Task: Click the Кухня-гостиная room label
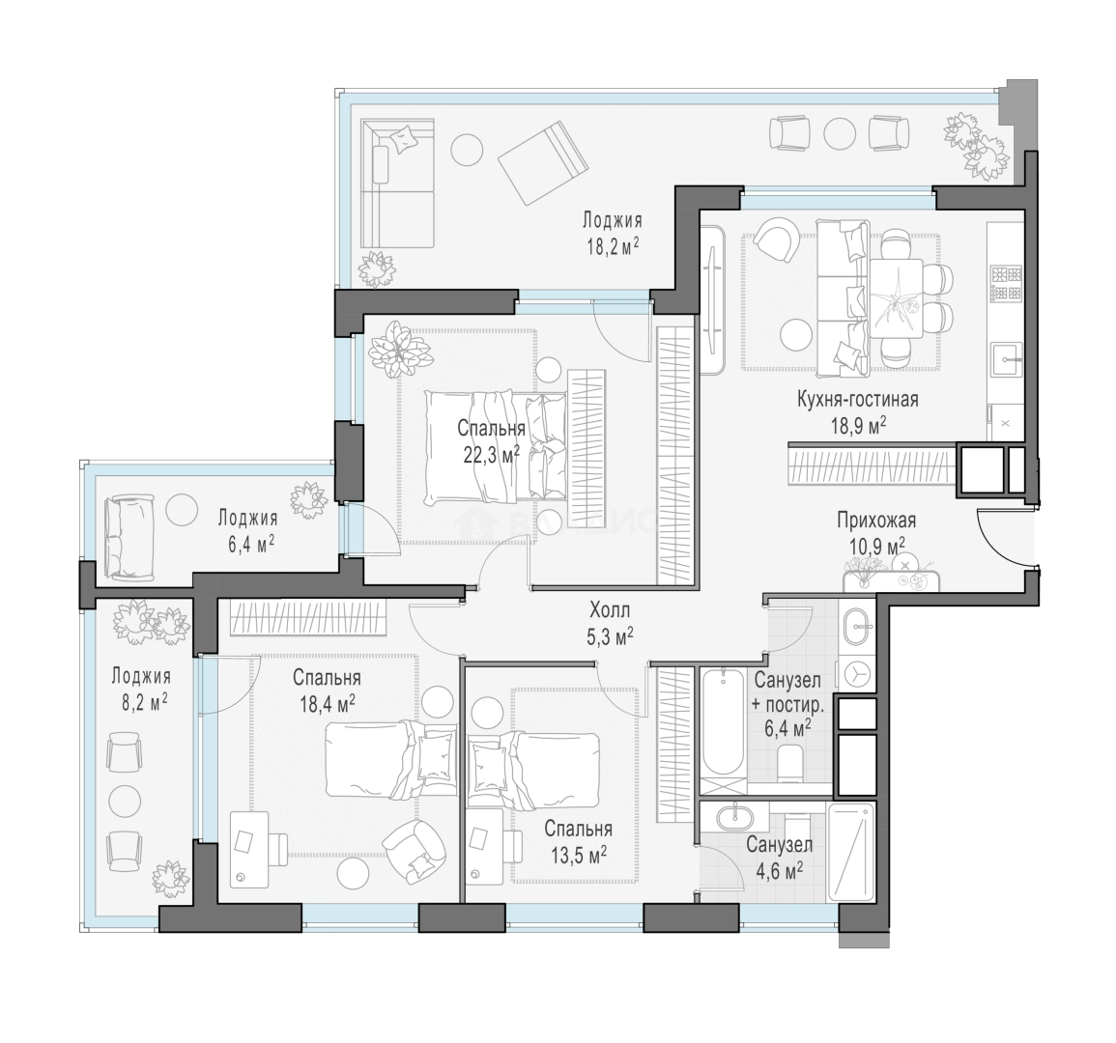pyautogui.click(x=857, y=400)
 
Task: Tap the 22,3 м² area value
pyautogui.click(x=491, y=455)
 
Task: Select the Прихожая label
pyautogui.click(x=876, y=521)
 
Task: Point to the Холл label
pyautogui.click(x=610, y=610)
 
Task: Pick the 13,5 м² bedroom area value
pyautogui.click(x=578, y=854)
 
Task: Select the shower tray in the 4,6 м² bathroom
pyautogui.click(x=852, y=852)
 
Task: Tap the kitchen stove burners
pyautogui.click(x=1007, y=282)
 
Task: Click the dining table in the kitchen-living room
pyautogui.click(x=896, y=298)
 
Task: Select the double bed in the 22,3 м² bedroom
pyautogui.click(x=497, y=446)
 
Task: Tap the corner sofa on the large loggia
pyautogui.click(x=397, y=183)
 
